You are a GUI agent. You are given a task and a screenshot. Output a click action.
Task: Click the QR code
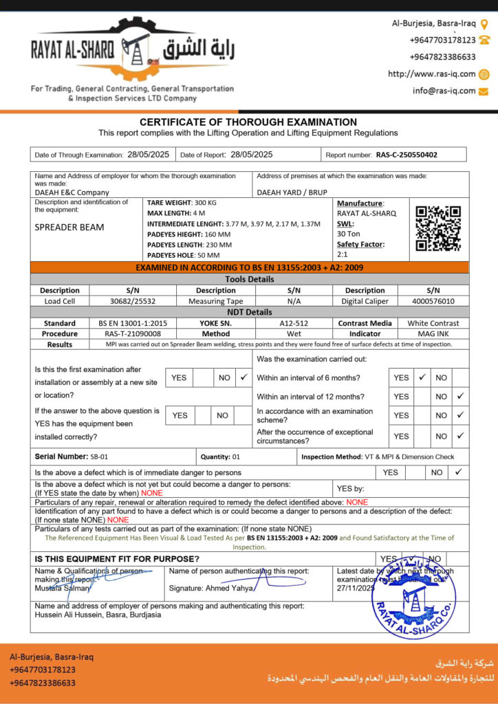coord(438,228)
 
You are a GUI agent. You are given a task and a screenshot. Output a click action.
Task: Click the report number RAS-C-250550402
coord(407,155)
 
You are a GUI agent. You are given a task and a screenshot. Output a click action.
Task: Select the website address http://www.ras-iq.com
coord(432,74)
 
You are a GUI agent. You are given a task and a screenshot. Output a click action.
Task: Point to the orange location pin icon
coord(484,24)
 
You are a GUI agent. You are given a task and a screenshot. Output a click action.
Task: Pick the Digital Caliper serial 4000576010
coord(433,300)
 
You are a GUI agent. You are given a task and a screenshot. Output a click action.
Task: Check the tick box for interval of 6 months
coord(422,377)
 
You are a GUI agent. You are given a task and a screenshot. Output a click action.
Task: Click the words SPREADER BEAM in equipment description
coord(69,228)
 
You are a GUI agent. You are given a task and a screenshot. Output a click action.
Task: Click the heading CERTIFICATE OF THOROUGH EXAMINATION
coord(248,122)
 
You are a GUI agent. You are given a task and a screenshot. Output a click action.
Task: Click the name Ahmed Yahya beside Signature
coord(230,588)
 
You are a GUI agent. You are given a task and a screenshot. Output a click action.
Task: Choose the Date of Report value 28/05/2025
coord(252,155)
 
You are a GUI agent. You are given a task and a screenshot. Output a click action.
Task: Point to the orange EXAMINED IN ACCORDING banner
coord(249,267)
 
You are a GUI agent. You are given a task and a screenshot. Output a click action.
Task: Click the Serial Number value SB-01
coord(99,456)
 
